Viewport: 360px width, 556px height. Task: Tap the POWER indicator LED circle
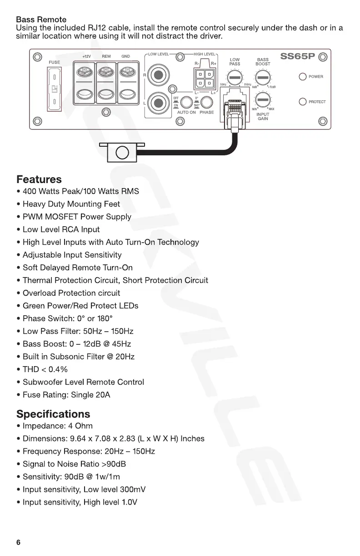click(x=303, y=77)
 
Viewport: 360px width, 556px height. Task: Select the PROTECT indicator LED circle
click(x=303, y=102)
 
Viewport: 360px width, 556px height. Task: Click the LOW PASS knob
click(x=235, y=78)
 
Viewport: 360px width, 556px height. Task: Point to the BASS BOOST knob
click(x=263, y=78)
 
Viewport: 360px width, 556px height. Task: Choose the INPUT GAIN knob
click(x=263, y=99)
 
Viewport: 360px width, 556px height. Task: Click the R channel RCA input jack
click(x=159, y=75)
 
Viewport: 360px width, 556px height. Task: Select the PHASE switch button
click(x=207, y=102)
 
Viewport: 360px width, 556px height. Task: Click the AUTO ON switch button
click(x=186, y=102)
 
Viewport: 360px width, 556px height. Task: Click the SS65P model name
click(x=298, y=57)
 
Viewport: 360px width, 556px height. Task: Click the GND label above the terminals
click(x=125, y=56)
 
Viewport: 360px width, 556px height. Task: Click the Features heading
click(x=39, y=179)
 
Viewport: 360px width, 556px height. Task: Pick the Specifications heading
click(x=53, y=414)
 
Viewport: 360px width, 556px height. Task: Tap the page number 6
click(x=19, y=542)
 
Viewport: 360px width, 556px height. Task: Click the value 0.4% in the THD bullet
click(x=59, y=369)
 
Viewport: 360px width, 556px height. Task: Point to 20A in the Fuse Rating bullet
click(x=103, y=395)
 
